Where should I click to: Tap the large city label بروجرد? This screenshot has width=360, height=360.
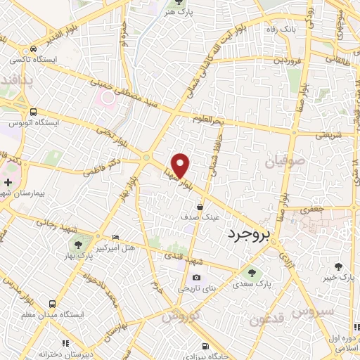(247, 234)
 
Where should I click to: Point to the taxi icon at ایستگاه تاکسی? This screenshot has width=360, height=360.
(33, 49)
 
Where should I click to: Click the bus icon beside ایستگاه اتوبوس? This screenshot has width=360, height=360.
(33, 111)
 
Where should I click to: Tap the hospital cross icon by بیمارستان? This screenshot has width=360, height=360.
(7, 183)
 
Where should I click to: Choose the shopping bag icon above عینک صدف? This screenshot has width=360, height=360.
(201, 207)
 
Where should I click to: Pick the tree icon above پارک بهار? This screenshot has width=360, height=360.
(77, 244)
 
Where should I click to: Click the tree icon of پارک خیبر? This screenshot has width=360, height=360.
(340, 266)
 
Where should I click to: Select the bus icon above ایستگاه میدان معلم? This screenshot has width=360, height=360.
(53, 304)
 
